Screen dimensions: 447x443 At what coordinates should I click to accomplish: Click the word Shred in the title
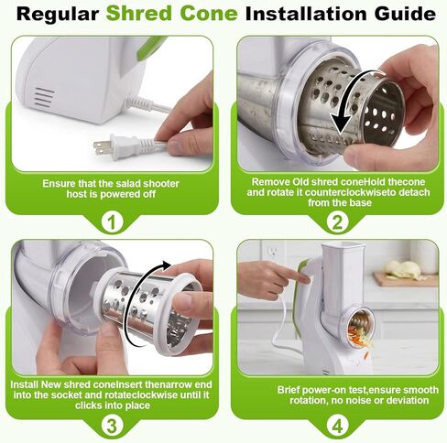[x=139, y=14]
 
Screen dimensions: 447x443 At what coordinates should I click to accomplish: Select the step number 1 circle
[x=112, y=222]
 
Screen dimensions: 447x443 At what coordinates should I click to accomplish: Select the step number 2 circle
[x=337, y=222]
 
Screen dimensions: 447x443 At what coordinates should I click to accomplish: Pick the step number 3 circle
[x=112, y=426]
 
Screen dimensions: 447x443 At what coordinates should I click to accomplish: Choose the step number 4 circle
[x=337, y=426]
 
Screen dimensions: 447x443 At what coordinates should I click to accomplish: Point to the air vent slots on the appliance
[x=44, y=98]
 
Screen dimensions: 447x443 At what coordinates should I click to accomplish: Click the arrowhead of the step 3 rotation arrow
[x=167, y=265]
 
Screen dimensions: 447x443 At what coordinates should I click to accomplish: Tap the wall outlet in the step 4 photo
[x=273, y=253]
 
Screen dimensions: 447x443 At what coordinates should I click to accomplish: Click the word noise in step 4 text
[x=357, y=400]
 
